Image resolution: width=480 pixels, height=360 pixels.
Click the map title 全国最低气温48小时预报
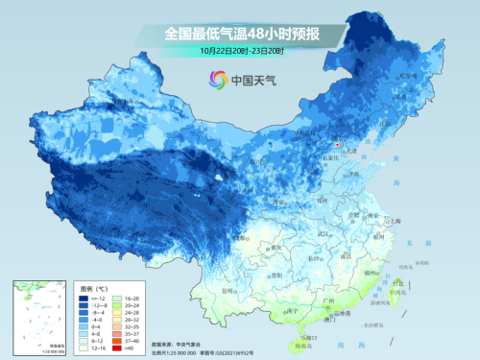coord(241,33)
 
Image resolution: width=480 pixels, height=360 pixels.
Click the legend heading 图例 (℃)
coord(96,287)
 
